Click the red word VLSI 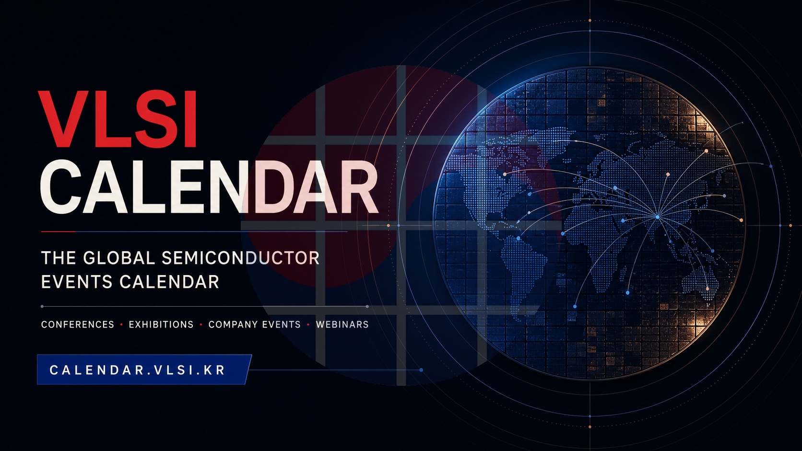coord(118,119)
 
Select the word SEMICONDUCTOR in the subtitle coord(240,258)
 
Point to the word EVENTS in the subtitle coord(77,282)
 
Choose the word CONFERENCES coord(78,324)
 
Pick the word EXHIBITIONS coord(161,324)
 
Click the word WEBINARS coord(342,324)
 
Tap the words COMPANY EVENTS coord(255,324)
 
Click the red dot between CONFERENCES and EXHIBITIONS coord(121,325)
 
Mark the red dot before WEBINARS coord(308,325)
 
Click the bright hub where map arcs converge coord(657,217)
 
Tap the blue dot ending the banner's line coord(421,370)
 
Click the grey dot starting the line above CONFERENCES coord(42,307)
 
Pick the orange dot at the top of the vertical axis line coord(590,21)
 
